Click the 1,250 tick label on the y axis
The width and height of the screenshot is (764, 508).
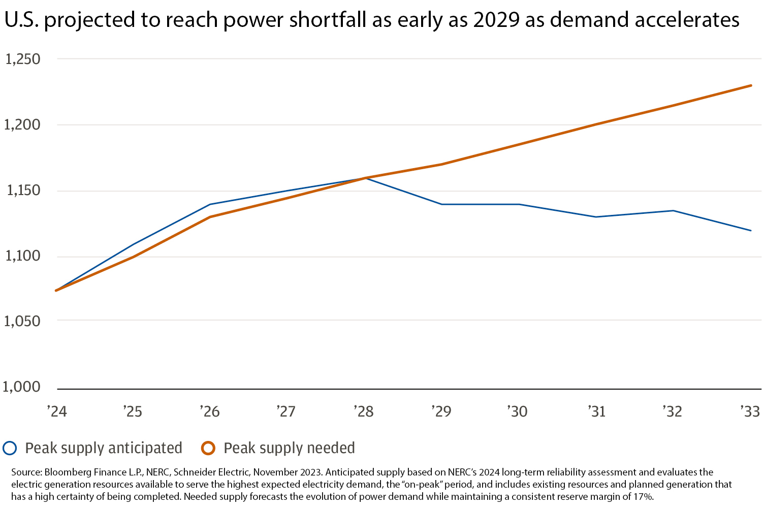(x=22, y=59)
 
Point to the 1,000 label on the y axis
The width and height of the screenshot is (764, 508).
(x=21, y=387)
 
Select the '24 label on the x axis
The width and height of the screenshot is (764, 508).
(x=57, y=411)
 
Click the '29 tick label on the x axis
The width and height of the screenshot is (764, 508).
(x=441, y=411)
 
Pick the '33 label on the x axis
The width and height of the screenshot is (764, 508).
(x=750, y=411)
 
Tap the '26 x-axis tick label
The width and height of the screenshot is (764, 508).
(x=210, y=411)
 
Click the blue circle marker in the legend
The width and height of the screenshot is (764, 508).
(x=10, y=448)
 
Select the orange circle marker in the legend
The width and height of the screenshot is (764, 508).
(x=208, y=448)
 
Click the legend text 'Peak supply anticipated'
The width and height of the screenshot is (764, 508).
(x=104, y=448)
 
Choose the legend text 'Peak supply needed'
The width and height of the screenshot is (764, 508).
(x=289, y=448)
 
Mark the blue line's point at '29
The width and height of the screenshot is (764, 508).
(x=441, y=204)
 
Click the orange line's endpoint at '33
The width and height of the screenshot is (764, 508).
(x=751, y=85)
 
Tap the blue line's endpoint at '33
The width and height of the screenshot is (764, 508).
(x=751, y=231)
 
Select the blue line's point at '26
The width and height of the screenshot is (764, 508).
(x=210, y=204)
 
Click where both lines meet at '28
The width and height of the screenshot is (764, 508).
(x=366, y=178)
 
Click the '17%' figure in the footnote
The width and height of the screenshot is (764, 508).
(x=642, y=497)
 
